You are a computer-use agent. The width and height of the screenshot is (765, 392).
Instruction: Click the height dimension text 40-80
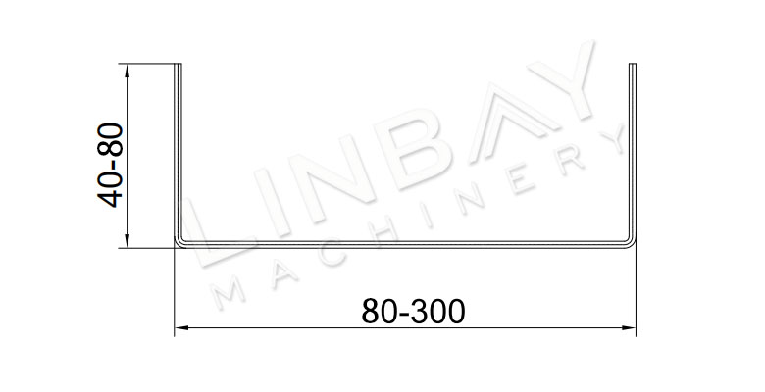pos(110,166)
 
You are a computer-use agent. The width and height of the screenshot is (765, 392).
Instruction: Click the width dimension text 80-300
pos(413,312)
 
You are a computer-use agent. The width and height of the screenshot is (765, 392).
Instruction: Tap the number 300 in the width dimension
pos(438,312)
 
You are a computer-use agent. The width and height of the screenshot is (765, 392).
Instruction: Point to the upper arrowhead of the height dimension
pos(127,72)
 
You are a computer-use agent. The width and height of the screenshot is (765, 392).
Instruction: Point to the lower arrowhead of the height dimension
pos(127,240)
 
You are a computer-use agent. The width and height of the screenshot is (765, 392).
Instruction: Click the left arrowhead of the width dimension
pos(182,328)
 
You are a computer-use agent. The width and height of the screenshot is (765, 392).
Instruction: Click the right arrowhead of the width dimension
pos(629,328)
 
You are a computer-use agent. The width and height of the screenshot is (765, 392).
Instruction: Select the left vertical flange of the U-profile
pos(178,151)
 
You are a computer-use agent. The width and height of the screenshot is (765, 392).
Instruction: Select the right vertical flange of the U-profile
pos(633,151)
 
